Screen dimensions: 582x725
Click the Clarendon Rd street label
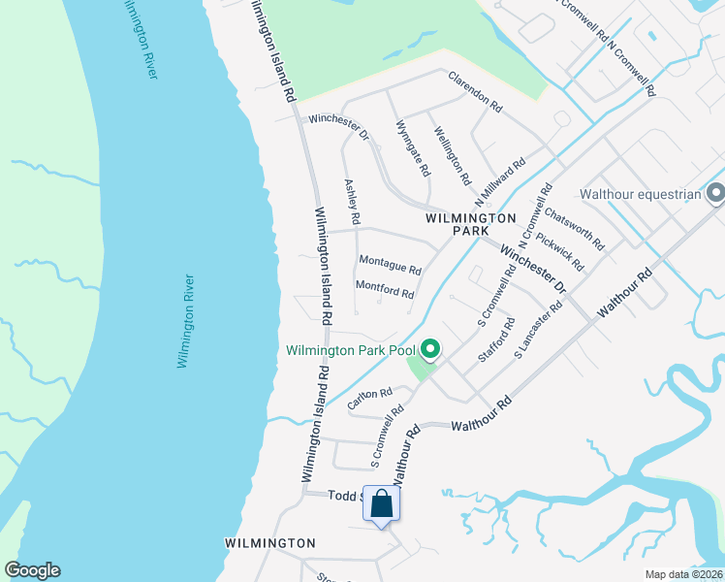(474, 90)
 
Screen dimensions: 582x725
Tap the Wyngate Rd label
(414, 148)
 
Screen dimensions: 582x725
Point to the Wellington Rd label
(452, 156)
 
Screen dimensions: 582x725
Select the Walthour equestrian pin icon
(716, 194)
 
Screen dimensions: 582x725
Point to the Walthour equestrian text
(640, 194)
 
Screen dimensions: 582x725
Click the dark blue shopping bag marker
(382, 503)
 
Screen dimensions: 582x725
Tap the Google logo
(32, 570)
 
